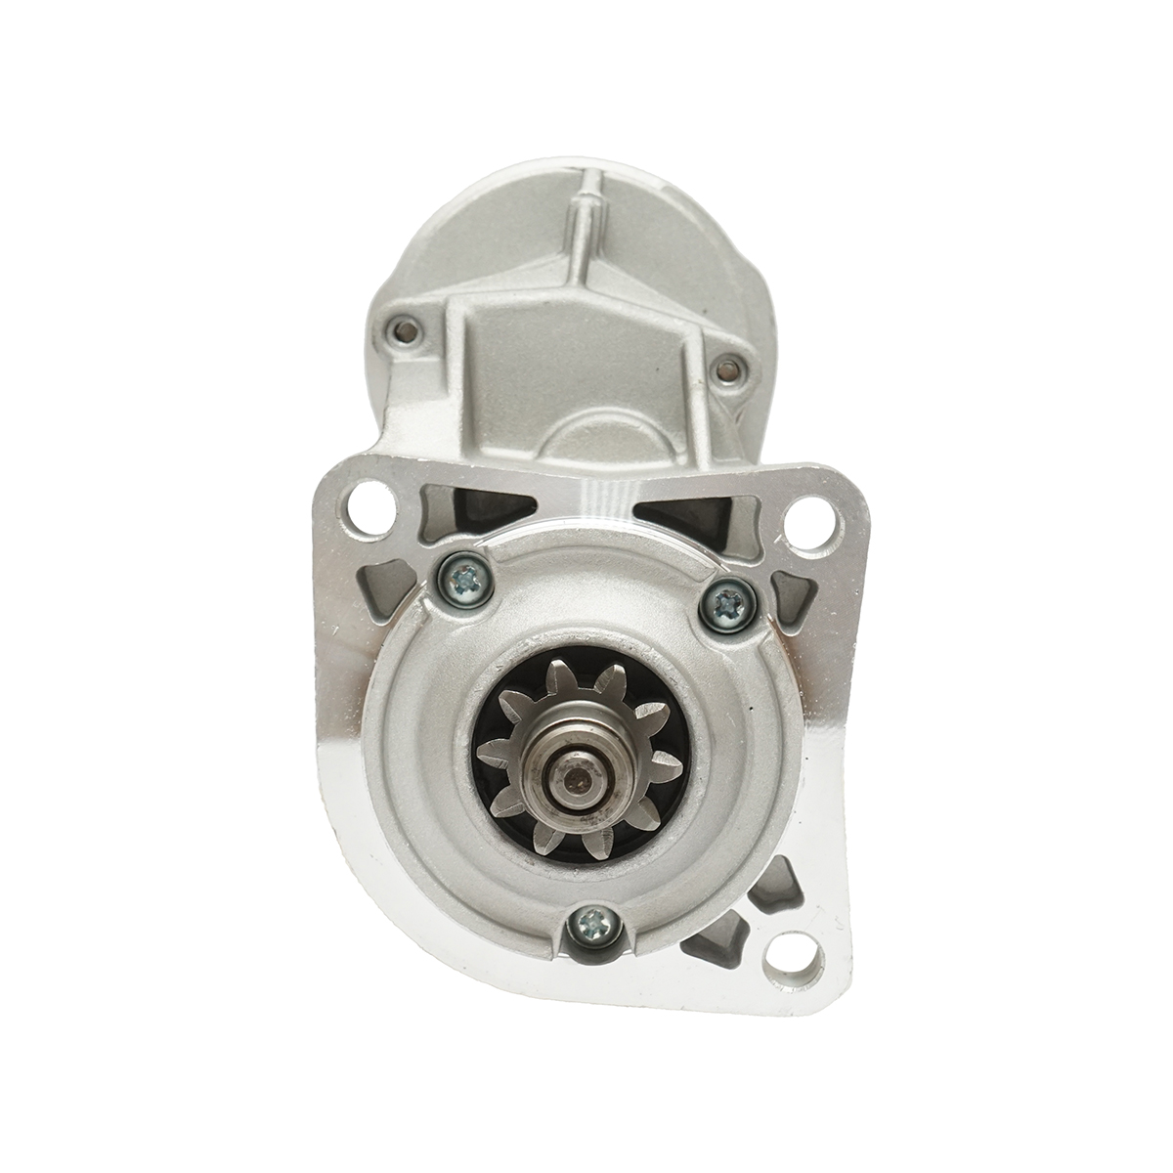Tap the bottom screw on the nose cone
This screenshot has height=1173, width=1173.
(593, 921)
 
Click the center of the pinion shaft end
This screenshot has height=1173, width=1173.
(576, 781)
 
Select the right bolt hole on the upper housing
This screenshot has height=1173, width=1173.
(727, 369)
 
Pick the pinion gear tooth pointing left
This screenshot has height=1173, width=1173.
(493, 752)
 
